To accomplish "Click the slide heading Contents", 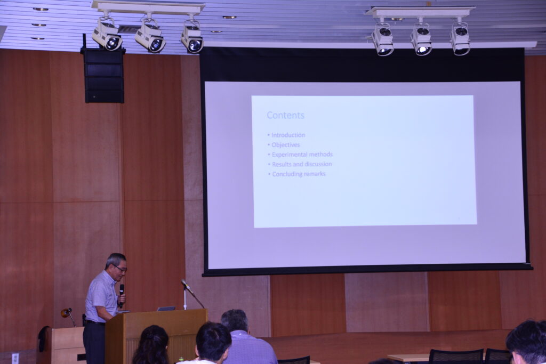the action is (286, 115).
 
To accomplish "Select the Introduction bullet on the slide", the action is (288, 135).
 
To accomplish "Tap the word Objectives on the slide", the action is (286, 145).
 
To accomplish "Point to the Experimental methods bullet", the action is (302, 154).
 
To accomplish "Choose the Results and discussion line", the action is (302, 164).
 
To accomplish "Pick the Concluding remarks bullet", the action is (299, 174).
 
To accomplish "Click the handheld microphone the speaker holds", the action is (122, 295).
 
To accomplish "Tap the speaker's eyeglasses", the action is (120, 268).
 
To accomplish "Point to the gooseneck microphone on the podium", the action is (192, 293).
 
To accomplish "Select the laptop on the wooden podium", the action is (166, 309).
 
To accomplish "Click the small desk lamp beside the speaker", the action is (68, 315).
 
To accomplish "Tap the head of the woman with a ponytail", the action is (151, 344).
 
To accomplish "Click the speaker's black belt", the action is (95, 322).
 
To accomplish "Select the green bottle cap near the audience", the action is (181, 358).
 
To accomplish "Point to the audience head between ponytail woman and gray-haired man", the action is (213, 342).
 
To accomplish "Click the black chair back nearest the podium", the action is (294, 360).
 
